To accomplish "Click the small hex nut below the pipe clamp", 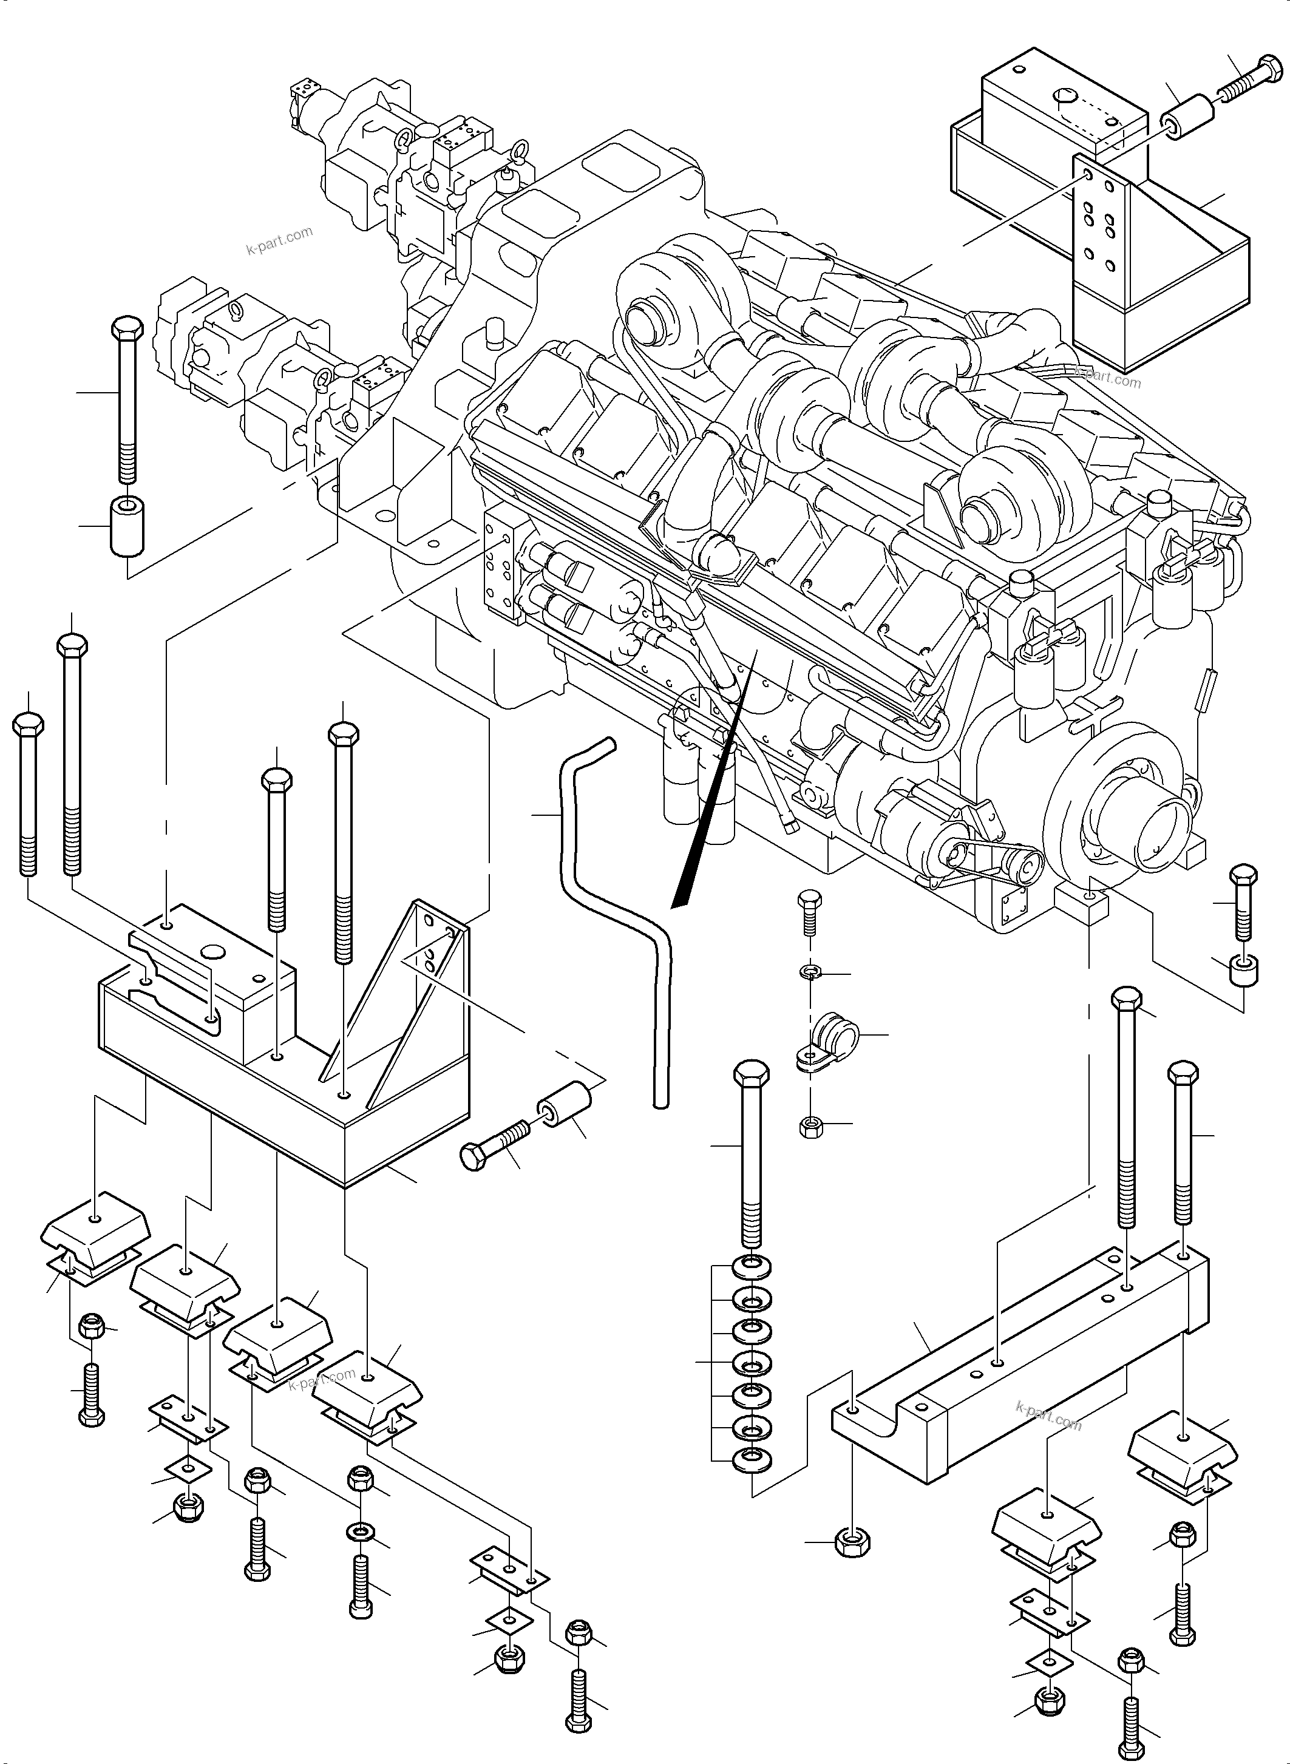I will [x=810, y=1125].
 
